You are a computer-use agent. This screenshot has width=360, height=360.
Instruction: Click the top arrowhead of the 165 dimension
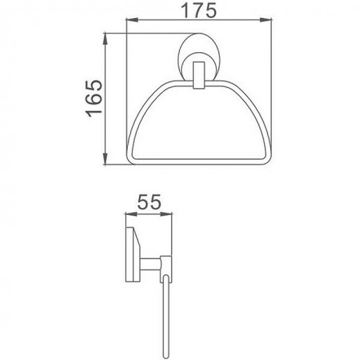click(x=105, y=36)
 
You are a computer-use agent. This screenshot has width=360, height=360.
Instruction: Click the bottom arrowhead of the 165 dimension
click(x=105, y=161)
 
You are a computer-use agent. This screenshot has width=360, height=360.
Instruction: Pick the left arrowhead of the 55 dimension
click(x=128, y=214)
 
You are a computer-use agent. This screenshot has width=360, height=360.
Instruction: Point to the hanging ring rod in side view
click(x=165, y=306)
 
